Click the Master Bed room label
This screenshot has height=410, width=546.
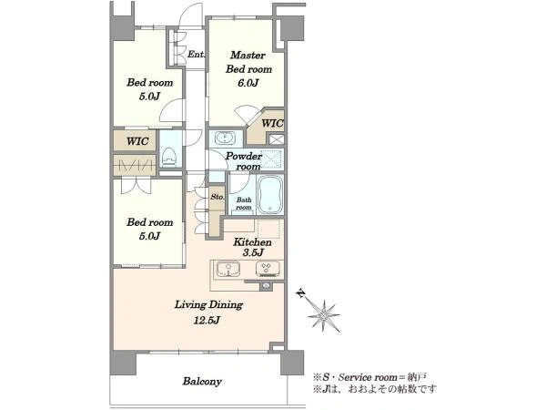(x=248, y=62)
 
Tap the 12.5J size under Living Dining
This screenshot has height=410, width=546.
(x=207, y=320)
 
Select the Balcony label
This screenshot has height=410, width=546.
(x=202, y=382)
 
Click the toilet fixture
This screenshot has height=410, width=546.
(x=170, y=157)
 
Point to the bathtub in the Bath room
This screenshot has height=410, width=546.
(x=270, y=195)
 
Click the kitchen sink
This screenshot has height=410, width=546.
(x=228, y=270)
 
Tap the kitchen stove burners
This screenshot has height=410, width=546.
(x=267, y=269)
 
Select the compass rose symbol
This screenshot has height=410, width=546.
(x=324, y=316)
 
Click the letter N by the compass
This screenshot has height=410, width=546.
(x=300, y=293)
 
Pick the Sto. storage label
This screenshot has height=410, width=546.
(x=217, y=197)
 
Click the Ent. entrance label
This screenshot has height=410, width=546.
(x=197, y=55)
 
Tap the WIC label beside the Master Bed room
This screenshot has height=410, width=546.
(x=272, y=123)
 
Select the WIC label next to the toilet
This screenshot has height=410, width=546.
(x=137, y=141)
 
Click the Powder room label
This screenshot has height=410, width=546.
(x=244, y=161)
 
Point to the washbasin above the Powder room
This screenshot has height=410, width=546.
(x=226, y=138)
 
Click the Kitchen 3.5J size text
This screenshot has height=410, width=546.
(x=252, y=252)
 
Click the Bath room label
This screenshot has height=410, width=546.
(x=244, y=203)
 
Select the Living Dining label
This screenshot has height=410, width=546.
(x=208, y=304)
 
